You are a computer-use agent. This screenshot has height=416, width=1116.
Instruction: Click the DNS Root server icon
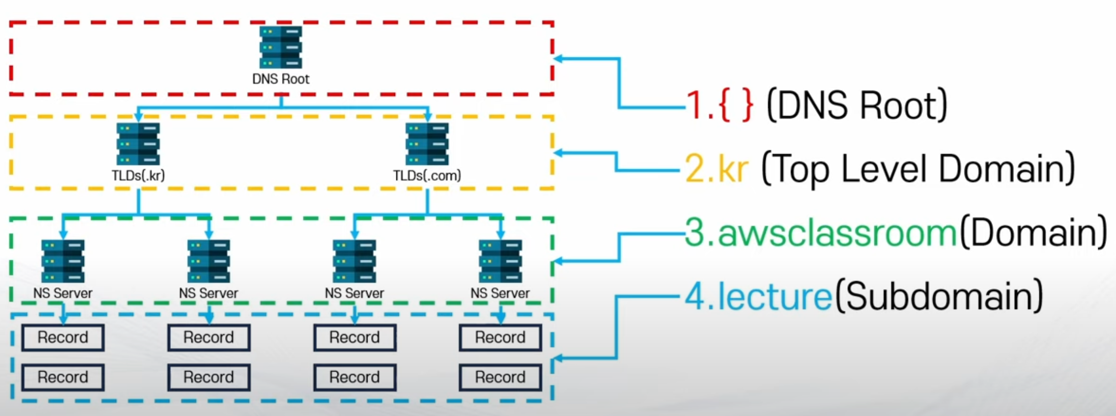point(281,47)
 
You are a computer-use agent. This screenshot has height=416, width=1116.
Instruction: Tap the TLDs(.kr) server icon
point(138,144)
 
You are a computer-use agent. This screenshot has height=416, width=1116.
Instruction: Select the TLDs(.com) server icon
point(427,144)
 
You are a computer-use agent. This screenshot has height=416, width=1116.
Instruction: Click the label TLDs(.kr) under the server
point(138,175)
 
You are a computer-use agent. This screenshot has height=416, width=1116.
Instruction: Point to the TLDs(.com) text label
point(427,175)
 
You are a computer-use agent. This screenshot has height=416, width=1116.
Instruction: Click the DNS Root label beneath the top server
point(281,79)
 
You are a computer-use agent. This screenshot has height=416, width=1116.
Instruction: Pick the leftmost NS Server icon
point(63,261)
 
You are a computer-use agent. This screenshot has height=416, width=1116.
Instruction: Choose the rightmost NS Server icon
point(500,261)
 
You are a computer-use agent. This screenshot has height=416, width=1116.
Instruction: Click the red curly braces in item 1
point(736,106)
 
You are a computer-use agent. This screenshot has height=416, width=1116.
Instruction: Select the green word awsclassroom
point(837,233)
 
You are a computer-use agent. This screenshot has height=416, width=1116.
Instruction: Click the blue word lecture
point(775,296)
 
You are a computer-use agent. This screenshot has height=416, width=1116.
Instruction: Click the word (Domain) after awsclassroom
point(1033,233)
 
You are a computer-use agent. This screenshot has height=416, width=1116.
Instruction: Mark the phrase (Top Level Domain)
point(918,169)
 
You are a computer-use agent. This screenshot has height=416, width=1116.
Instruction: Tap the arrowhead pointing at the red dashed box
point(558,59)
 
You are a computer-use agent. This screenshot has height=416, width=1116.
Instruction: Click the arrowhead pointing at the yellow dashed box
point(558,153)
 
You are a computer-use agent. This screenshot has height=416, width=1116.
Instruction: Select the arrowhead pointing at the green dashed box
point(558,261)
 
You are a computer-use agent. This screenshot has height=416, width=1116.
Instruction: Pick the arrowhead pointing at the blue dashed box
point(558,358)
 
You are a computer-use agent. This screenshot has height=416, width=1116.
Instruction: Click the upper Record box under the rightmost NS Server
point(500,337)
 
